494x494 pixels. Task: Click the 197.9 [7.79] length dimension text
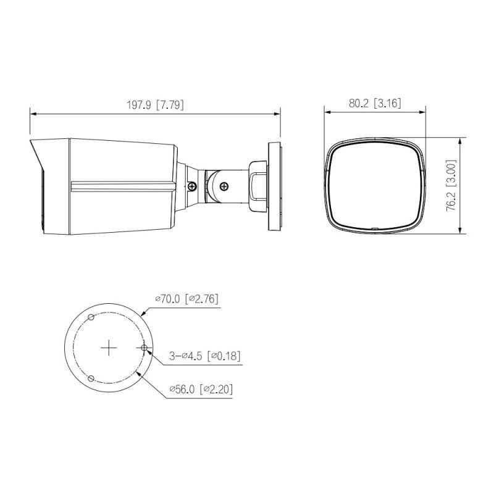click(155, 105)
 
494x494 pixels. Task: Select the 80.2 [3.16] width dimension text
click(375, 103)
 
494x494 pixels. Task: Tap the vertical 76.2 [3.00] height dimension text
click(451, 186)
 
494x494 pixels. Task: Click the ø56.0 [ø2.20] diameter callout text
click(201, 390)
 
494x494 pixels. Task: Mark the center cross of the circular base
click(109, 348)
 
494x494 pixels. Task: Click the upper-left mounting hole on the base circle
click(91, 317)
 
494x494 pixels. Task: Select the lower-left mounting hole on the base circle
click(91, 379)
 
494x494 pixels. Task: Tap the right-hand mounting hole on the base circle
click(144, 348)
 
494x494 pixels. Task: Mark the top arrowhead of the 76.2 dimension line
click(461, 140)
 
